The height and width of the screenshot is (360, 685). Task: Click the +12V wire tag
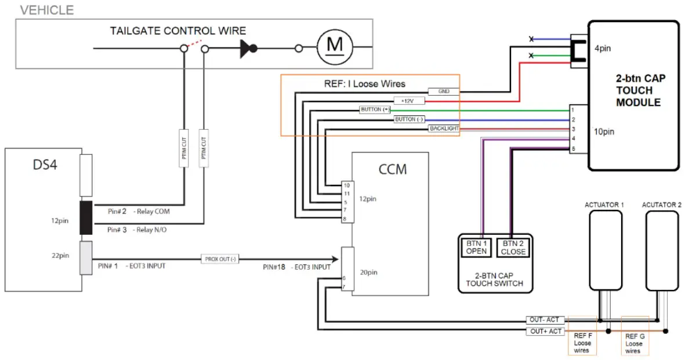pyautogui.click(x=409, y=100)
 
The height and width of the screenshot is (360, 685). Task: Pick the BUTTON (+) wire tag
pyautogui.click(x=375, y=110)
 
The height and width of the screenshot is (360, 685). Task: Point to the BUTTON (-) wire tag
pyautogui.click(x=409, y=119)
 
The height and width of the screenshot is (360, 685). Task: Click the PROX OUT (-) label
pyautogui.click(x=219, y=259)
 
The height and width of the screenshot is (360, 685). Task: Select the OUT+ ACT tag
pyautogui.click(x=545, y=331)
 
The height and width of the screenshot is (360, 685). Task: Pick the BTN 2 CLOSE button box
pyautogui.click(x=513, y=248)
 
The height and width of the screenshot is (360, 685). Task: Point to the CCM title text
pyautogui.click(x=392, y=169)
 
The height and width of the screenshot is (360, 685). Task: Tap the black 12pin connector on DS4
pyautogui.click(x=86, y=218)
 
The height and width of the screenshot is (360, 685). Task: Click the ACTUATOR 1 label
pyautogui.click(x=604, y=205)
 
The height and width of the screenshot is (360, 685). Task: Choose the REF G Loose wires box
pyautogui.click(x=634, y=343)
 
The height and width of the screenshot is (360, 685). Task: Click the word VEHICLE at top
pyautogui.click(x=47, y=10)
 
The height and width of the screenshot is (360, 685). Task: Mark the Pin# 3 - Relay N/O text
pyautogui.click(x=138, y=230)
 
